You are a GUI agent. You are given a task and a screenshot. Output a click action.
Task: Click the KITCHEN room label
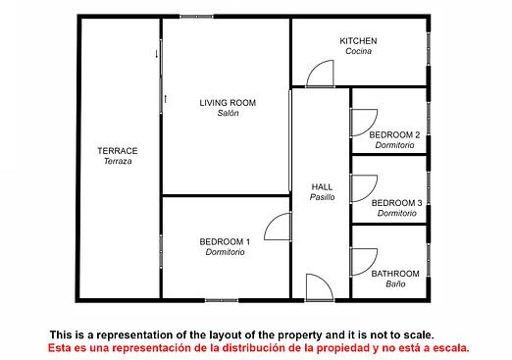[358, 41]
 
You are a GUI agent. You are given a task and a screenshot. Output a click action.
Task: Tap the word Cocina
[358, 51]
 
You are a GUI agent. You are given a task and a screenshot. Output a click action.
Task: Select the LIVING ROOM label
[228, 103]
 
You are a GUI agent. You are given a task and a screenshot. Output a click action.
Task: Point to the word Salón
[228, 113]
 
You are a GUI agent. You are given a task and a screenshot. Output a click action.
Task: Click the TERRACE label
[118, 151]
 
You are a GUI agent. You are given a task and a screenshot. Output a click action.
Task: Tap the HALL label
[322, 187]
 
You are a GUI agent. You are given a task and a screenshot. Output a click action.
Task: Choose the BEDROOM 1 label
[225, 241]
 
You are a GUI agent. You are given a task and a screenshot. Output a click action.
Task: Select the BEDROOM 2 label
[394, 134]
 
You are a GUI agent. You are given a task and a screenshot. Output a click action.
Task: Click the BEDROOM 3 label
[396, 203]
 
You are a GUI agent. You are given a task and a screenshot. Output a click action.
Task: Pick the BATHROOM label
[395, 274]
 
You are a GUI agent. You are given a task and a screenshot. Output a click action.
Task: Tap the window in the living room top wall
[196, 17]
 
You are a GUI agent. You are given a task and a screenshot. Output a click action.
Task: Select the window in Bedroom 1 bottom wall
[222, 300]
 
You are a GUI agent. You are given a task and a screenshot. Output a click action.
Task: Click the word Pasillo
[322, 197]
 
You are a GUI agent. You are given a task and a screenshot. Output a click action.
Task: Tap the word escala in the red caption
[451, 348]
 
